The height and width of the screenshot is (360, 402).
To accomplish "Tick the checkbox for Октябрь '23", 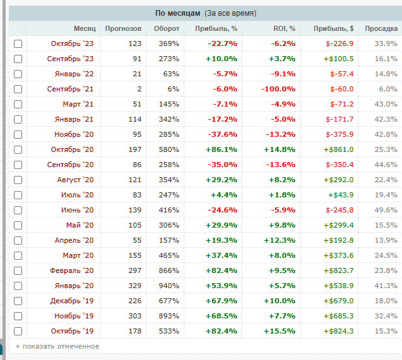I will click(x=18, y=44).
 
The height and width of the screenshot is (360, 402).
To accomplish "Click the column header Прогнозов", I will click(x=123, y=28).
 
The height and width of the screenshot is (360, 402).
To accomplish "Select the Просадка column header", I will click(x=381, y=28).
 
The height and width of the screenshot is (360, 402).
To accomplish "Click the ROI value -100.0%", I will click(x=278, y=89).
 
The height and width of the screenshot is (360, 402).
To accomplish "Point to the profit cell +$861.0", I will click(x=338, y=149).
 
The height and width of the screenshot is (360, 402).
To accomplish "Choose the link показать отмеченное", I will click(x=57, y=346).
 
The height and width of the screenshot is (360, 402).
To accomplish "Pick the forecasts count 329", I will click(x=133, y=286).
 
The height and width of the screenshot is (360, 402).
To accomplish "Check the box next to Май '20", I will click(x=18, y=225).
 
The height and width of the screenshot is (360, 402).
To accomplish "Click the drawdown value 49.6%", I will click(x=386, y=210).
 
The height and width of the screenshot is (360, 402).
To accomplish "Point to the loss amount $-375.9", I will click(x=340, y=134).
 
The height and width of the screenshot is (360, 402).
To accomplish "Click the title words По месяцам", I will click(x=179, y=13).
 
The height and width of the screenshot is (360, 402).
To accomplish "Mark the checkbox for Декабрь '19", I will click(x=18, y=301).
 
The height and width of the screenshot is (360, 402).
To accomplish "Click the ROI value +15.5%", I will click(x=280, y=331).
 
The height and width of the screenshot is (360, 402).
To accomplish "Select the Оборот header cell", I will click(x=166, y=28).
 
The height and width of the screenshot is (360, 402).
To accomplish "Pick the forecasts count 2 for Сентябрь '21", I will click(x=139, y=89).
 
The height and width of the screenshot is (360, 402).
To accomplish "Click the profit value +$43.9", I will click(x=341, y=195).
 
